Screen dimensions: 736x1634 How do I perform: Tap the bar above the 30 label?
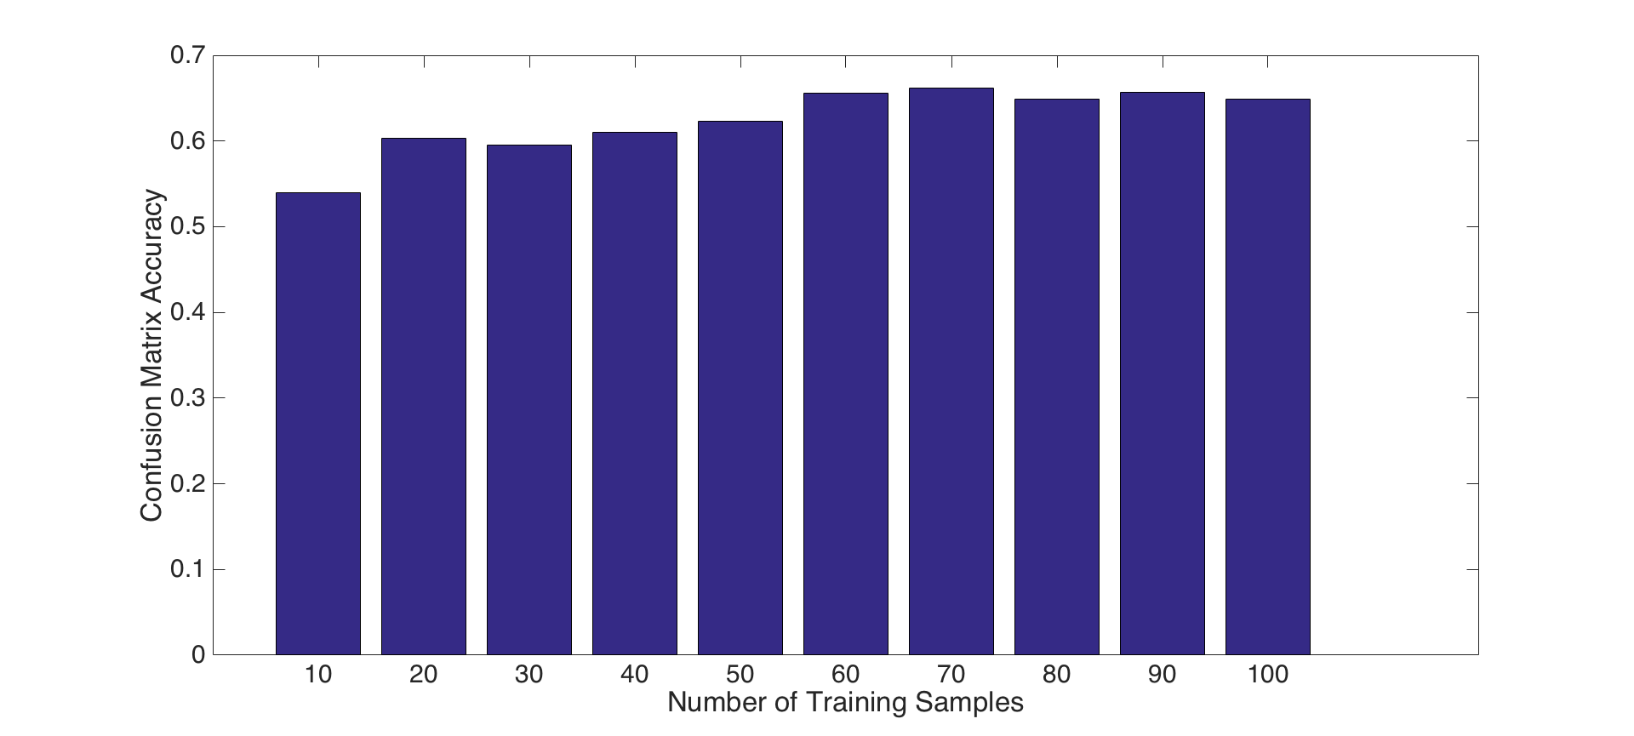[529, 400]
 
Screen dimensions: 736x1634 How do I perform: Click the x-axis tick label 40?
[635, 675]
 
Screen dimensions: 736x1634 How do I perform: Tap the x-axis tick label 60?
[846, 675]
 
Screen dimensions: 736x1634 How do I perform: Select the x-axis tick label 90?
[1163, 675]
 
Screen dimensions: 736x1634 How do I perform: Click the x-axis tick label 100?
[1268, 675]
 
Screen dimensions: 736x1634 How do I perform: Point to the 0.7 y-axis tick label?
[187, 56]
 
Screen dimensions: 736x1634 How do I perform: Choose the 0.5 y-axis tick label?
[187, 227]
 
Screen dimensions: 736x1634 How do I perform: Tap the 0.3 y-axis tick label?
[187, 398]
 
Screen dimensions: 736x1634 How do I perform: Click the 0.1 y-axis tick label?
[187, 569]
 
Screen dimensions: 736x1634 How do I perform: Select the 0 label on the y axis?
[198, 655]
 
